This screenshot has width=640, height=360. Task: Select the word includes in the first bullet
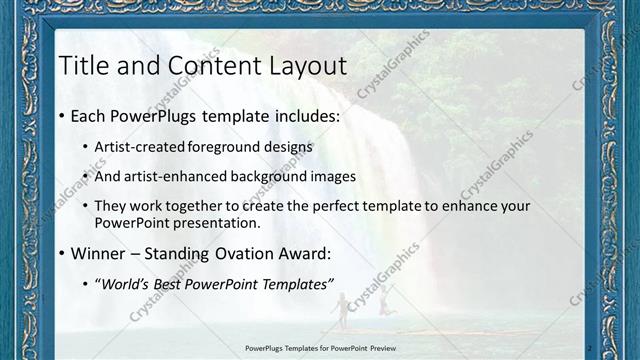click(301, 117)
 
